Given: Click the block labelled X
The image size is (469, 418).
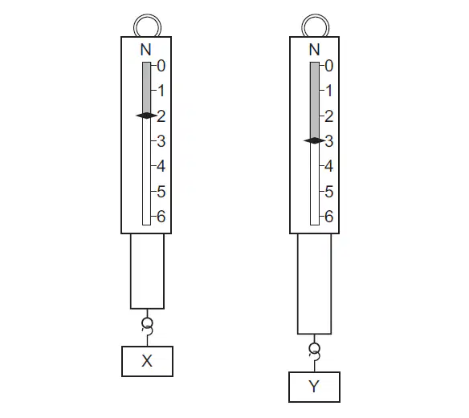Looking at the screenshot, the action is coord(147,361).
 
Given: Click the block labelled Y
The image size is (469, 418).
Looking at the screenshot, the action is coord(314,387).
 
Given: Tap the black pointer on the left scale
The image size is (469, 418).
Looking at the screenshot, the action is coord(146,116).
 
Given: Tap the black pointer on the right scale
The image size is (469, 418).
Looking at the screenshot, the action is coord(314,140).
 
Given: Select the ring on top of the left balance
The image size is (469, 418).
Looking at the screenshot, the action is coord(147,16).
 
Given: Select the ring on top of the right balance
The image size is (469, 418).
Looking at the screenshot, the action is coord(316,16).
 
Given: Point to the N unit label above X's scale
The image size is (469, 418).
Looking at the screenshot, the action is coord(145,50).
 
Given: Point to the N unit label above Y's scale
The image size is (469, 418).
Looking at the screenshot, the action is coord(314,50).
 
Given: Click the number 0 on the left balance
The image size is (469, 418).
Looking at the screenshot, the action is coord(161,66).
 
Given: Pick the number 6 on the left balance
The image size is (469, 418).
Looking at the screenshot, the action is coord(161,217).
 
